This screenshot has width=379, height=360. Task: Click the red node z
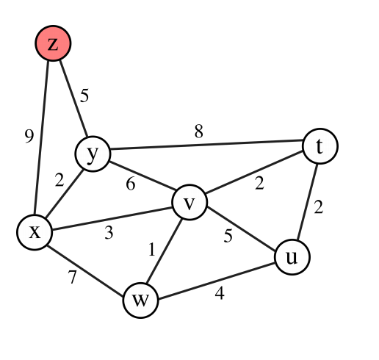point(53,44)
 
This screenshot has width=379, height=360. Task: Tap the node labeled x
point(35,232)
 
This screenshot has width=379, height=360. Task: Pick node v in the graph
point(189,203)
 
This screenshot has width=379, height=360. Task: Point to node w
point(140,300)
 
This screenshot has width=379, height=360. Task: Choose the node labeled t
point(320,146)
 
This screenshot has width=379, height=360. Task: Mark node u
point(292,257)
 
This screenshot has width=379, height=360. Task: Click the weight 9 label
point(29,136)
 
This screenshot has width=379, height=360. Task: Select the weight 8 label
point(198,132)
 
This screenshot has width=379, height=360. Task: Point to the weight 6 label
point(131,184)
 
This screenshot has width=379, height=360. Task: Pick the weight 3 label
point(108,234)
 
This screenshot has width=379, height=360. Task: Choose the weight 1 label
point(152,250)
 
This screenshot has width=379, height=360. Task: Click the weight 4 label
point(219,294)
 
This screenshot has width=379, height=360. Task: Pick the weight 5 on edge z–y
point(84,95)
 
